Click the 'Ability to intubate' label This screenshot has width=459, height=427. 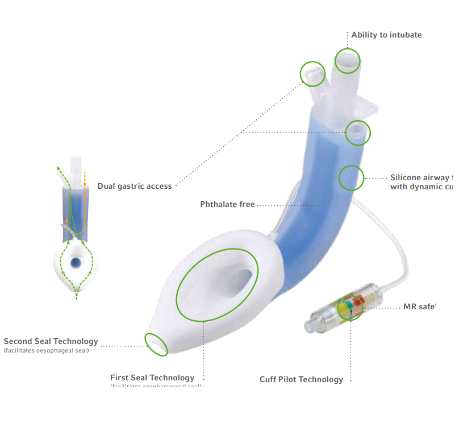pos(386,35)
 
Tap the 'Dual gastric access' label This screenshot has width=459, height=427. pos(135,186)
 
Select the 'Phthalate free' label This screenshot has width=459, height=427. pos(227,204)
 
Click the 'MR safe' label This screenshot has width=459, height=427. pos(419,307)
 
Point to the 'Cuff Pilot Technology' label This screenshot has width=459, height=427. pos(301,379)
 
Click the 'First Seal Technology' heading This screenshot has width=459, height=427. pos(152,378)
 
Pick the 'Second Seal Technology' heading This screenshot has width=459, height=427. pos(51,342)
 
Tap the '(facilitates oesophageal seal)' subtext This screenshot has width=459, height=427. pos(47,350)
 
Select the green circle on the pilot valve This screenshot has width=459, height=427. pos(350,308)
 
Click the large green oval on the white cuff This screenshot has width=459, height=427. pos(217,285)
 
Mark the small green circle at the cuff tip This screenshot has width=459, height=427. pos(156,344)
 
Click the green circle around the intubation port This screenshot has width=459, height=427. pos(347,60)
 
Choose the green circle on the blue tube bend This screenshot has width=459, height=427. pos(351,177)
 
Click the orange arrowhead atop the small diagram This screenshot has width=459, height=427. pos(84,171)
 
